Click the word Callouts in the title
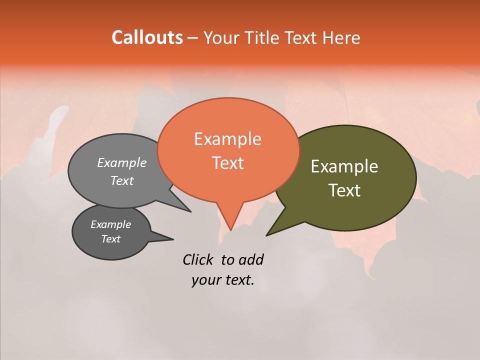click(x=147, y=37)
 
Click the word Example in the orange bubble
click(x=227, y=139)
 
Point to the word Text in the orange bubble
click(x=227, y=162)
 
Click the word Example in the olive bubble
click(x=344, y=166)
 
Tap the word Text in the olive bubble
click(x=344, y=190)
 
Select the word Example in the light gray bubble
click(x=121, y=162)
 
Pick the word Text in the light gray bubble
click(x=121, y=180)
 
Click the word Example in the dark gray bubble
click(x=110, y=224)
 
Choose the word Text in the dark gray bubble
click(x=110, y=239)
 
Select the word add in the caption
click(x=251, y=259)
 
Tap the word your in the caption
click(x=205, y=280)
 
